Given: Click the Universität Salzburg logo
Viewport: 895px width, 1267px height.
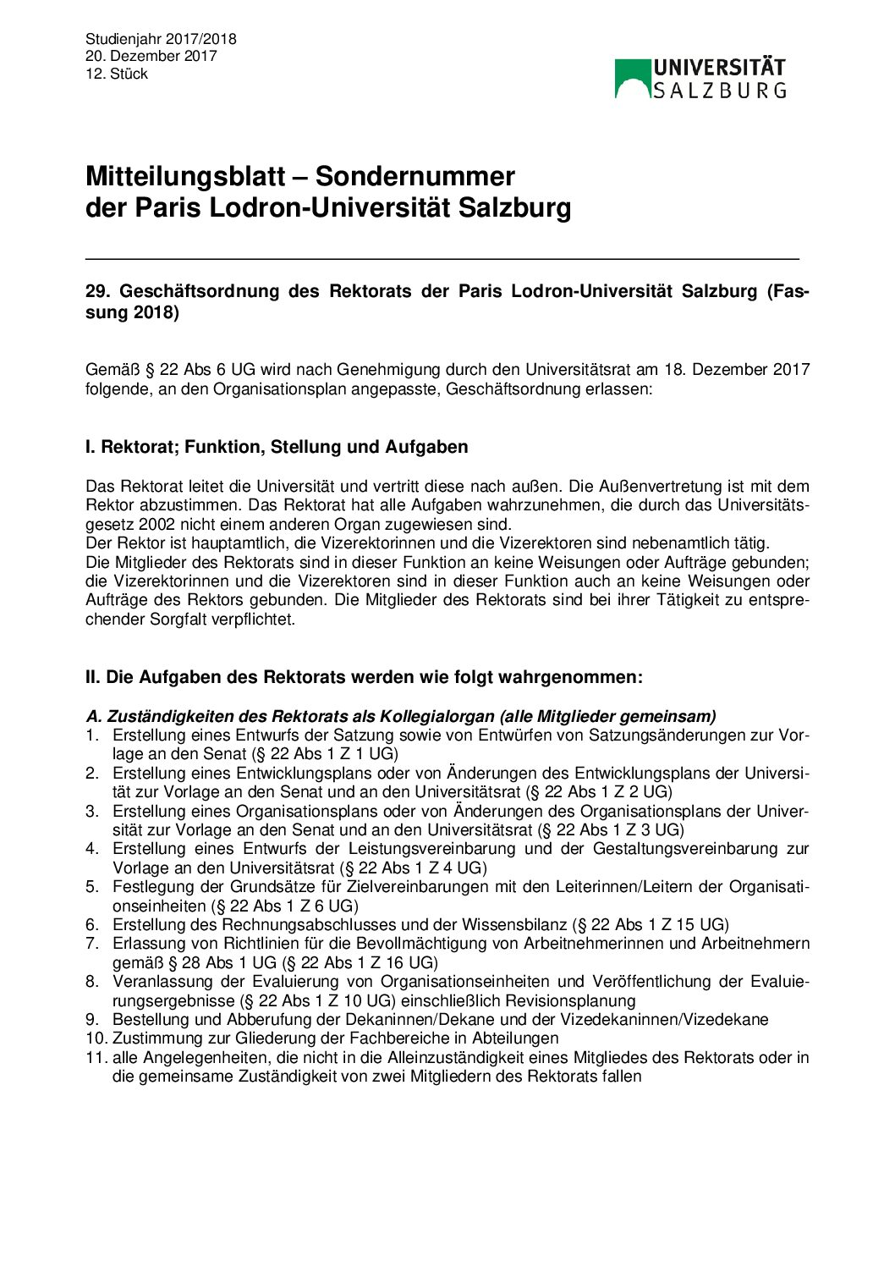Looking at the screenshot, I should tap(700, 79).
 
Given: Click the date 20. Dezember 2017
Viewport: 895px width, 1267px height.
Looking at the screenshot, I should tap(151, 57).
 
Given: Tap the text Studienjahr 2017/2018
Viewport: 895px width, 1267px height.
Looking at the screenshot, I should tap(161, 39).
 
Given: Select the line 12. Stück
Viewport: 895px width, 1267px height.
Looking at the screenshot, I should tap(117, 74).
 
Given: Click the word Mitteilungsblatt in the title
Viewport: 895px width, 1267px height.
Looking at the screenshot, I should tap(185, 177).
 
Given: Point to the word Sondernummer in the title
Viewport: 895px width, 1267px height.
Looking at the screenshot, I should tap(415, 177).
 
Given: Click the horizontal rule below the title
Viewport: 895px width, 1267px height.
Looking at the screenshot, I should tap(442, 258).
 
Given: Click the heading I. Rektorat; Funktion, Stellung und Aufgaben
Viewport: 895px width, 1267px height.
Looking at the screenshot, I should tap(277, 447).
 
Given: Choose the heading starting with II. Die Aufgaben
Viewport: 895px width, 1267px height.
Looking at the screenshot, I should tap(364, 678).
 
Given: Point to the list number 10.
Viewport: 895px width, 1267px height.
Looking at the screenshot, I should tap(96, 1038).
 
